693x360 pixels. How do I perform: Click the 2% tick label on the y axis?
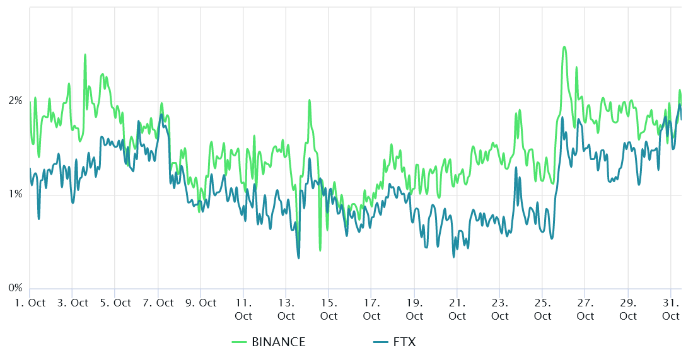pos(15,101)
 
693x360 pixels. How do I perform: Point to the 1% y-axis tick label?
pos(15,195)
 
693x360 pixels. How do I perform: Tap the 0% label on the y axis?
pos(15,288)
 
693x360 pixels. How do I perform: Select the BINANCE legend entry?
pos(278,342)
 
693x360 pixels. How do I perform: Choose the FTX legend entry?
pos(404,342)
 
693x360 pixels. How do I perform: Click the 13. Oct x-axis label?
pos(286,309)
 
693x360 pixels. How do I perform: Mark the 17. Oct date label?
pos(372,309)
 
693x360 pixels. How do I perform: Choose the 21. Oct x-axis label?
pos(458,309)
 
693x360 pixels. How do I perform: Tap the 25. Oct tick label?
pos(543,309)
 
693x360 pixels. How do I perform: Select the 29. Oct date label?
pos(629,309)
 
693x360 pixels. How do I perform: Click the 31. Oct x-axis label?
pos(671,309)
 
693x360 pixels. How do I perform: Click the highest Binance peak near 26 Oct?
pos(564,47)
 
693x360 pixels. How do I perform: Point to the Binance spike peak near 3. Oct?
pos(85,55)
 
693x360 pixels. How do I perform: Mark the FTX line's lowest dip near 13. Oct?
pos(298,257)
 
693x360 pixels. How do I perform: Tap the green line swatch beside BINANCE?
pos(239,342)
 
